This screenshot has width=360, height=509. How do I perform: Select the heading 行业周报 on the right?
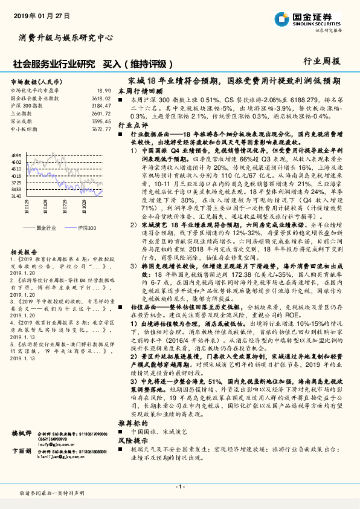coord(321,61)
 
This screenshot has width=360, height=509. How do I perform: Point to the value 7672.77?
coord(100,128)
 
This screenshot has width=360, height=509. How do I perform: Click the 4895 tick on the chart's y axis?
coord(16,155)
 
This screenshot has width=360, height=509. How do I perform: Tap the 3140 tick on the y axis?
coord(16,196)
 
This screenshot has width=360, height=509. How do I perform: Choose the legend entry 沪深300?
coord(88,228)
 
